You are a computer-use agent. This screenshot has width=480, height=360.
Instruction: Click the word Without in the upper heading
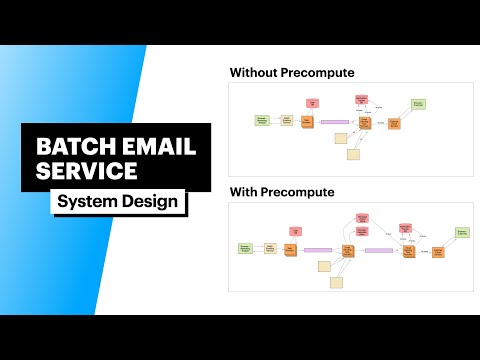point(258,72)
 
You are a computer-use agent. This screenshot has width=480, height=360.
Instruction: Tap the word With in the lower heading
point(247,190)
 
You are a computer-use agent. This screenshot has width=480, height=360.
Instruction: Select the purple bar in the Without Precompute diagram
point(334,121)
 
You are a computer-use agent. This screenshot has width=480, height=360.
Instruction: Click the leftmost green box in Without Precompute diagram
point(263,120)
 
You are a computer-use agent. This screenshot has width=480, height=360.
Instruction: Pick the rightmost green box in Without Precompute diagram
point(418,103)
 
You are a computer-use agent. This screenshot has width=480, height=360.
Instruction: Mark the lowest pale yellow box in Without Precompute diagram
point(353,154)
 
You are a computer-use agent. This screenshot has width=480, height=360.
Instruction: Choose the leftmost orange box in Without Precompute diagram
point(307,120)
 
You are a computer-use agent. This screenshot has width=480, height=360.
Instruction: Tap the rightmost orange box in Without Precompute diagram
point(394,123)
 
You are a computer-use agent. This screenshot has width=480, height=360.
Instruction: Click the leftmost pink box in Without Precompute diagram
point(313,102)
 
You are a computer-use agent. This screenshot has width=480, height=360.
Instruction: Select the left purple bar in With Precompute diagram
point(318,249)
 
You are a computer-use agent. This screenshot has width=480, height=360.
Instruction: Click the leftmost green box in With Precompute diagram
point(245,248)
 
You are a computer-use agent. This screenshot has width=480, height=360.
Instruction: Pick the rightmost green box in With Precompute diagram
point(463,232)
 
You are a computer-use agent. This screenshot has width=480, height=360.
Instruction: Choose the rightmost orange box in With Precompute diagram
point(438,252)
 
